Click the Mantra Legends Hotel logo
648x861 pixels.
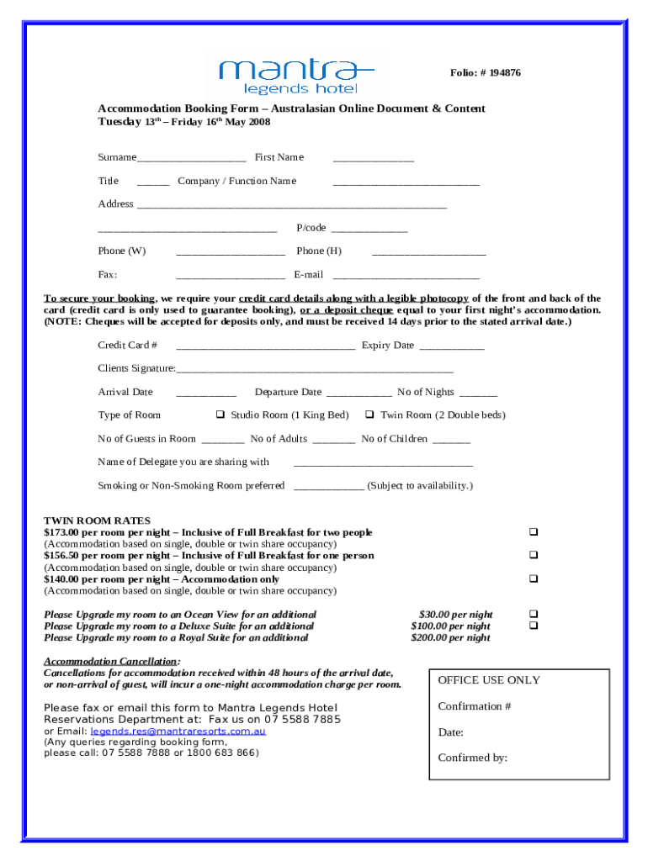point(296,74)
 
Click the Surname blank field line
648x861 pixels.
point(191,159)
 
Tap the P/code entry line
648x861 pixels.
point(369,230)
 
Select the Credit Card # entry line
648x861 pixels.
point(265,346)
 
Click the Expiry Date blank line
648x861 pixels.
point(451,346)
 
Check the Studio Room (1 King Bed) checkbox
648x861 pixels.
point(220,415)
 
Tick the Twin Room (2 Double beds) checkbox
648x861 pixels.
point(369,415)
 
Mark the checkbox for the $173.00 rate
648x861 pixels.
point(533,532)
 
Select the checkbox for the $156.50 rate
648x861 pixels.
point(533,555)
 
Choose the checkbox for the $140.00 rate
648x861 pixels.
point(533,578)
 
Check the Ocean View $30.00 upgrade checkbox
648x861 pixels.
point(533,615)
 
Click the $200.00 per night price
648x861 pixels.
point(450,638)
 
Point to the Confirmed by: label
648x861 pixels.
point(472,758)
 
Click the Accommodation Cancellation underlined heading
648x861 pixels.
point(110,662)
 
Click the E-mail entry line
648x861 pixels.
point(406,276)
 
